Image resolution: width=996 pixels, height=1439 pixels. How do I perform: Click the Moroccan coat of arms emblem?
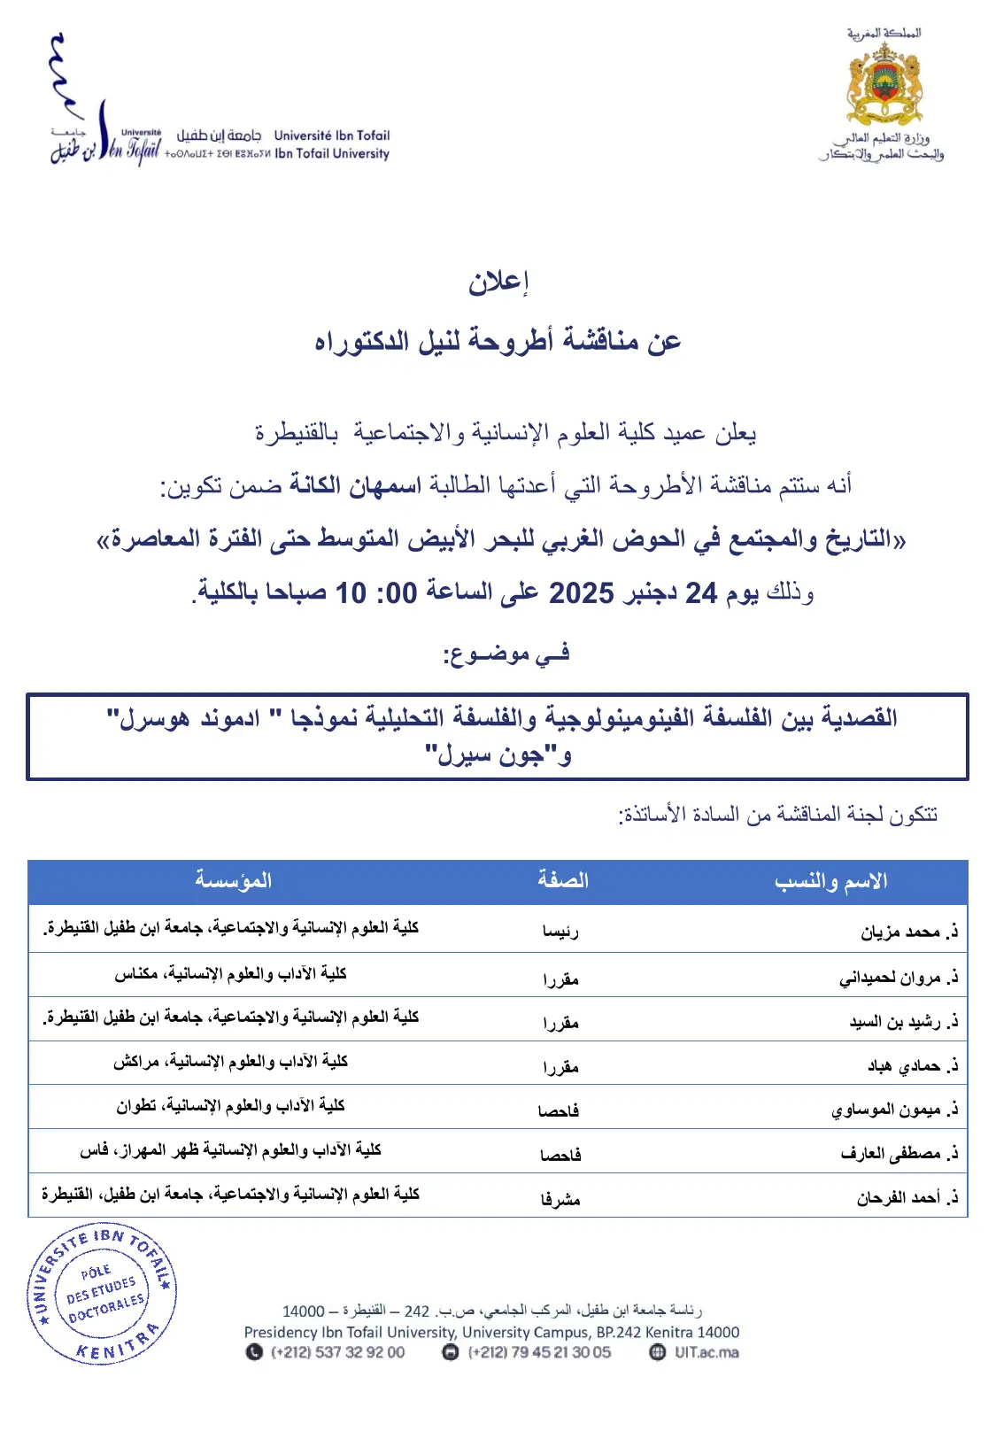884,85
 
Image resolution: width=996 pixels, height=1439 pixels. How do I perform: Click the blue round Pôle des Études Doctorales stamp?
103,1295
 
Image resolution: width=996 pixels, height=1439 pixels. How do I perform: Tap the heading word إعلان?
498,282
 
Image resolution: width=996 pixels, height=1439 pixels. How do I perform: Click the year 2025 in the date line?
581,592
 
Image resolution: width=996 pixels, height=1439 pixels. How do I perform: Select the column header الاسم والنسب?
830,881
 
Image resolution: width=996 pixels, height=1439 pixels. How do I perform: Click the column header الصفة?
562,880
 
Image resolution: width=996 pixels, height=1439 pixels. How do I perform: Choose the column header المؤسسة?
233,880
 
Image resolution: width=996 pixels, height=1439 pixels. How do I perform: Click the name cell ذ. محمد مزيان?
909,932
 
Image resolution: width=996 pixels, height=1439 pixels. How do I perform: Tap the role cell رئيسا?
560,932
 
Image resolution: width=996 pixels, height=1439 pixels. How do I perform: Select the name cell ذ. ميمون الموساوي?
894,1110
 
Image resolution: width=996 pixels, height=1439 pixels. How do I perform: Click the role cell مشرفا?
560,1199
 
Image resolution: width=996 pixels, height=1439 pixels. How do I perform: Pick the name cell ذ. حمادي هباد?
913,1065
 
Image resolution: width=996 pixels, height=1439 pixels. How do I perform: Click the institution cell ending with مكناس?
230,974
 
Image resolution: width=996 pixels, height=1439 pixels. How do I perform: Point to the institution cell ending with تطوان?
230,1106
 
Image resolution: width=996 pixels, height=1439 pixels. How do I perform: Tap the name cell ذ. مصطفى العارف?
899,1154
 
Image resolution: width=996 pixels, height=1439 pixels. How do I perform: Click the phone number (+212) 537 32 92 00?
337,1352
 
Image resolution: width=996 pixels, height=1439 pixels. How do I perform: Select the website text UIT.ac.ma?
706,1352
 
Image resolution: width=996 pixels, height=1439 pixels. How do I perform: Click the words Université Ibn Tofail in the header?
332,135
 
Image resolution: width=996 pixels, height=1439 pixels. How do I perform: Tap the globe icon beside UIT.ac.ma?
657,1352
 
